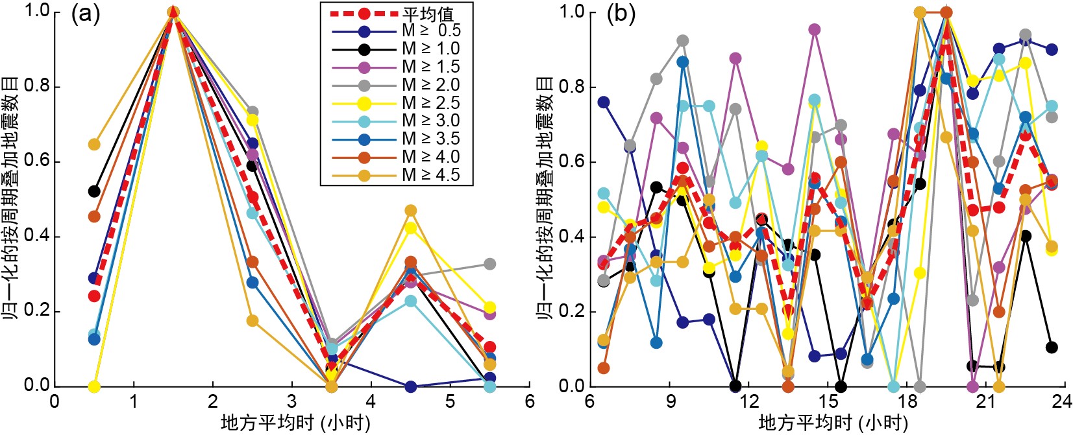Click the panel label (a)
(86, 14)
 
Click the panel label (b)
(621, 14)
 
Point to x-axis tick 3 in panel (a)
(292, 402)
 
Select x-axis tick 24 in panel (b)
(1062, 402)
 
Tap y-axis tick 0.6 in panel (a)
(37, 161)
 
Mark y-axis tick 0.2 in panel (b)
(572, 312)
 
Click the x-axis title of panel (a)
(295, 423)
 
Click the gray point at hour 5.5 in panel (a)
(489, 264)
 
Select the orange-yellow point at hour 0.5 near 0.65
(94, 144)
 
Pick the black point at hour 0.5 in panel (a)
(94, 191)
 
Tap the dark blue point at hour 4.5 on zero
(410, 386)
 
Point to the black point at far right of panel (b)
(1052, 347)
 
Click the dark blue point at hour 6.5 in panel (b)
(604, 102)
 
